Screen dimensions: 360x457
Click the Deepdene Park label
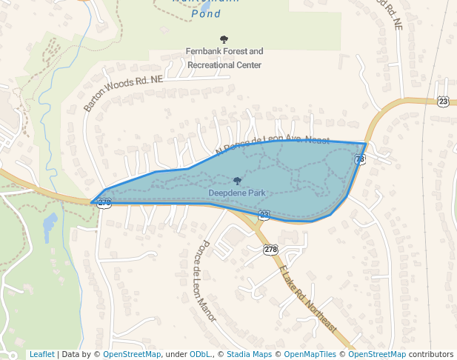236,193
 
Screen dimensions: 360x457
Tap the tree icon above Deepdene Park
237,181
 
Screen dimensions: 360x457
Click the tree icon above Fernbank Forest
224,39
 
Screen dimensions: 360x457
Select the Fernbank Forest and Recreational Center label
224,59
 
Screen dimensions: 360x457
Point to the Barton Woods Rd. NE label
123,93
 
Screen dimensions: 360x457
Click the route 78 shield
360,159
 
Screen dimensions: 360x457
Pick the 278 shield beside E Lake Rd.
270,250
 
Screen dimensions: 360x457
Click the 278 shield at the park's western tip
104,201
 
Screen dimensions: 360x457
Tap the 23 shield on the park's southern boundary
264,215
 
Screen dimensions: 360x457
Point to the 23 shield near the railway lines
443,101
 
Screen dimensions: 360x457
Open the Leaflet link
41,354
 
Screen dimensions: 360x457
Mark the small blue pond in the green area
50,226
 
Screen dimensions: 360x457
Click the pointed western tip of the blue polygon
91,201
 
